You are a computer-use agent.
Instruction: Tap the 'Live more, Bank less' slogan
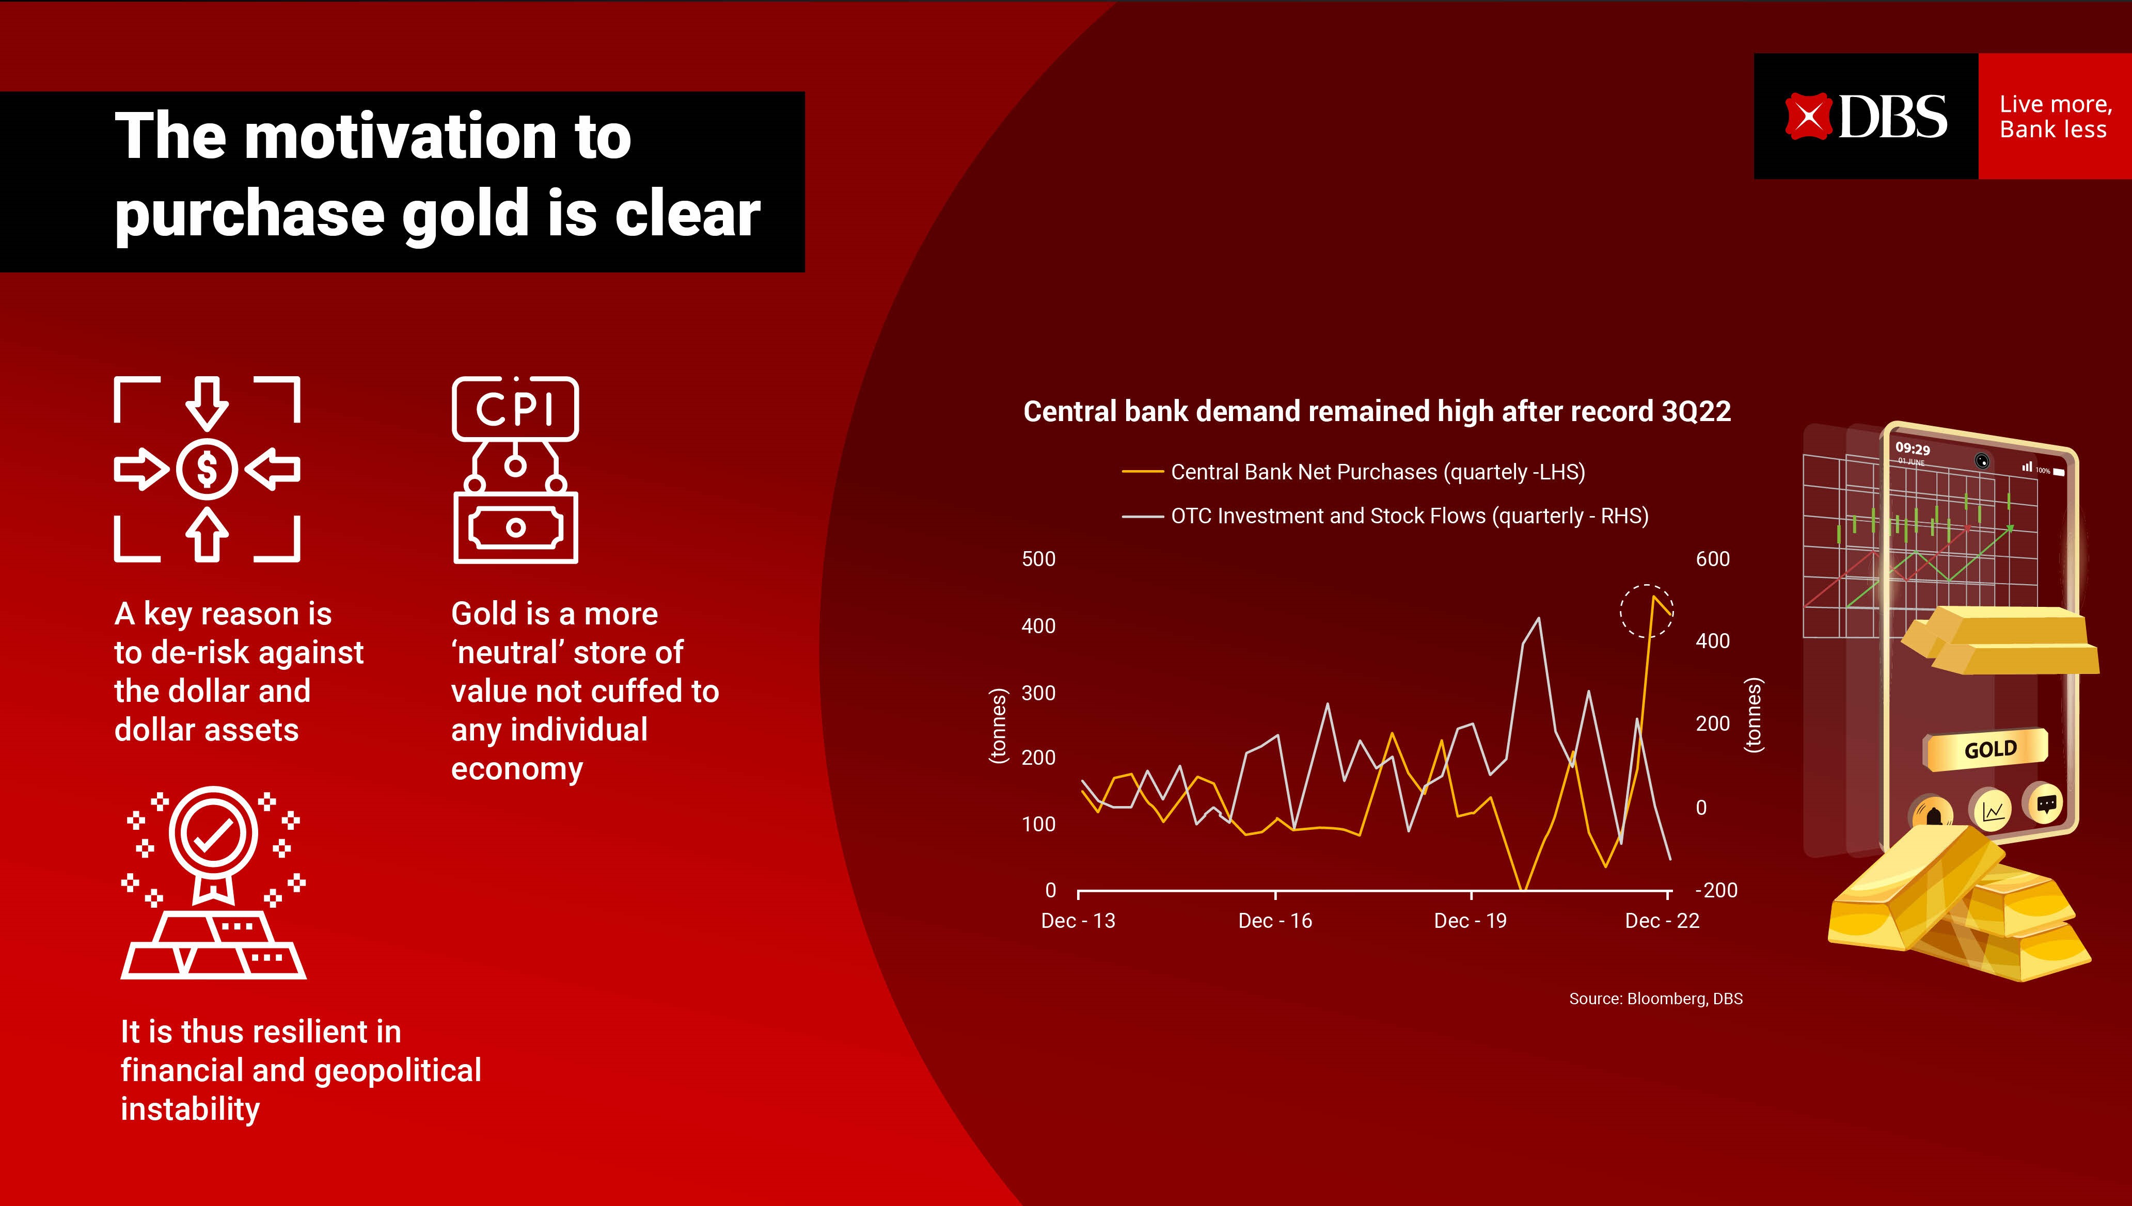click(x=2054, y=117)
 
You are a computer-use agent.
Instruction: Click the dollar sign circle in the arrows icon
click(x=207, y=470)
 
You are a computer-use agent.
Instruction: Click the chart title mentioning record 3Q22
click(x=1376, y=412)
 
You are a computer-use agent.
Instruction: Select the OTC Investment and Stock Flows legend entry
click(x=1409, y=516)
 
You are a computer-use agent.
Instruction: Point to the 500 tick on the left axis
click(x=1038, y=559)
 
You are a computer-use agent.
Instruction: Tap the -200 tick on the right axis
click(x=1716, y=890)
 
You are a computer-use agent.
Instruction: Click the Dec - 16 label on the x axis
click(x=1274, y=921)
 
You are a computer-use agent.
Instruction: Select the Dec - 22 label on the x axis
click(x=1662, y=921)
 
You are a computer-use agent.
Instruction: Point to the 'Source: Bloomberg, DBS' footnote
click(x=1655, y=999)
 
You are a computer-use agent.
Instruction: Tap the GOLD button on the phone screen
click(x=1988, y=750)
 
